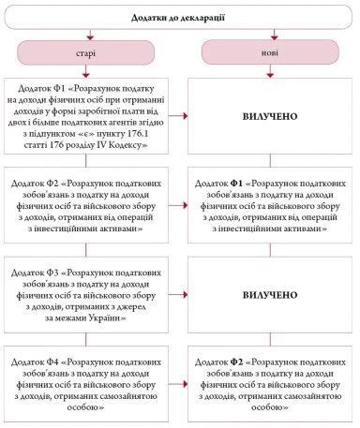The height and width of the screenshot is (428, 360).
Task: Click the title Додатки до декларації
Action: (180, 19)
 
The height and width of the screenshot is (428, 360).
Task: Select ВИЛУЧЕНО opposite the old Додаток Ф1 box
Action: (269, 120)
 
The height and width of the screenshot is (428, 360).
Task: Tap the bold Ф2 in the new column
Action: (257, 362)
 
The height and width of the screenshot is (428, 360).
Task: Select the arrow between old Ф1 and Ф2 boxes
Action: (90, 164)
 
